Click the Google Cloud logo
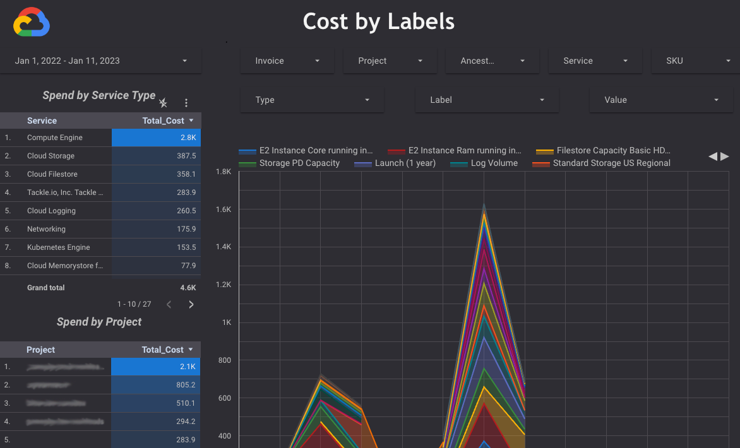tap(32, 23)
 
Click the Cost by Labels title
tap(378, 21)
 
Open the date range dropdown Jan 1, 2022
tap(101, 61)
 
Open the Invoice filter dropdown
tap(287, 61)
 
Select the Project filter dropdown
tap(390, 61)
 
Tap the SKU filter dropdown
tap(695, 61)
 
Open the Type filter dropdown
tap(312, 100)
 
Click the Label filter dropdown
tap(486, 100)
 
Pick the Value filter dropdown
tap(660, 100)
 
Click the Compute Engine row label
tap(55, 138)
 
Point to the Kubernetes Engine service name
tap(59, 247)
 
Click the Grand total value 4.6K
tap(188, 288)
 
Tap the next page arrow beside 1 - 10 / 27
tap(191, 305)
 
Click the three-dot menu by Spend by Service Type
tap(186, 103)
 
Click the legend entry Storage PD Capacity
tap(299, 163)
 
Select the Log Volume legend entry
tap(494, 163)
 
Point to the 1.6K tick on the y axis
tap(224, 209)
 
